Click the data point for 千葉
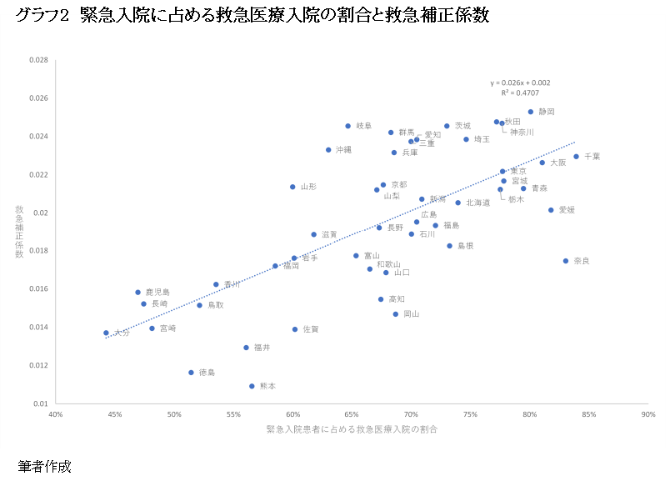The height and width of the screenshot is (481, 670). pos(576,156)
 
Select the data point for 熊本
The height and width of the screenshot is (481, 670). pos(252,386)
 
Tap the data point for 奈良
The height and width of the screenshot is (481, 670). pos(566,261)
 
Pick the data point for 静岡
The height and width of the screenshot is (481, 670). pos(530,112)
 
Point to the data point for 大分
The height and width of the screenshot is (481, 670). pos(106,333)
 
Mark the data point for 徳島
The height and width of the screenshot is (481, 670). pos(191,373)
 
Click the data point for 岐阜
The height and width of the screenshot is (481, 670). pos(347,126)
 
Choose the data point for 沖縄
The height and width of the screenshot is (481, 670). pos(328,150)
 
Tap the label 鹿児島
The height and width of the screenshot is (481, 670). pos(157,293)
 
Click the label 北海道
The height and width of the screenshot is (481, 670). pos(477,203)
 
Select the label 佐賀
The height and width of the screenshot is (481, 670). pos(310,329)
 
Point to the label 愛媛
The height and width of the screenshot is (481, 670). pos(567,210)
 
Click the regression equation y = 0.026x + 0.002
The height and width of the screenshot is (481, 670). pos(520,83)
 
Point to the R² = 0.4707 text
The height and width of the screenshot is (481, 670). pos(520,93)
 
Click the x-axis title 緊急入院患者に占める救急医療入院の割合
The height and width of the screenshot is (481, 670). pos(352,429)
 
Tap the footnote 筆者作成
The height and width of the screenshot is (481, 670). pos(44,467)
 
